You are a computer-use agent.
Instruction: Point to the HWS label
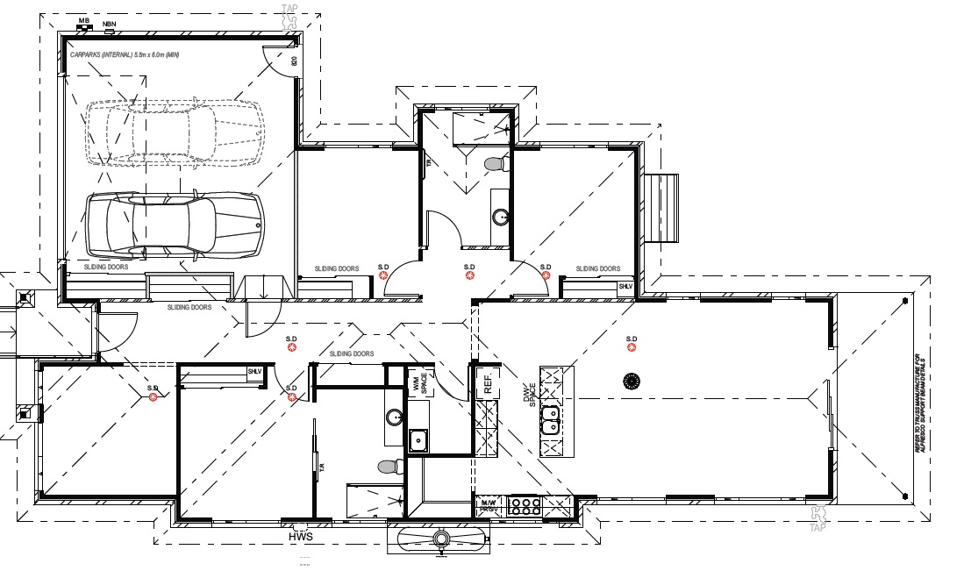click(x=300, y=537)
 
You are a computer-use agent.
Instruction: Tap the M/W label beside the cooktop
click(x=488, y=505)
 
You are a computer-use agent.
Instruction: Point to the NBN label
click(x=109, y=24)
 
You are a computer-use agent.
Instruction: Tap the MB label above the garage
click(x=84, y=19)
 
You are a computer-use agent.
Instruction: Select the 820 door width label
click(x=294, y=62)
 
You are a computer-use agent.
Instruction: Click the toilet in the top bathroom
click(x=496, y=163)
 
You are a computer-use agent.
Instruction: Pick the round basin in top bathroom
click(x=500, y=217)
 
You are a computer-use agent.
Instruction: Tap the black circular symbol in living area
click(x=630, y=381)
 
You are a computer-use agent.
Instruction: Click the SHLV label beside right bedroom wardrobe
click(x=625, y=287)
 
